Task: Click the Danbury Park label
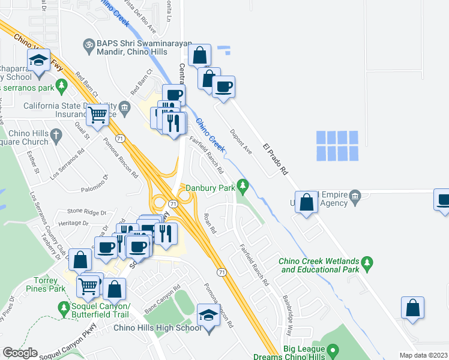click(x=209, y=188)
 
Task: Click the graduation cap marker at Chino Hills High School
click(x=208, y=316)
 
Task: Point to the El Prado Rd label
click(x=276, y=160)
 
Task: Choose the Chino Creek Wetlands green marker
click(x=368, y=263)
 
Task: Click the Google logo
click(x=20, y=353)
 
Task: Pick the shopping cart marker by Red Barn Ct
click(x=97, y=114)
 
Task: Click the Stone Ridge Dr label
click(x=86, y=211)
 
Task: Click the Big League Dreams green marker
click(x=332, y=349)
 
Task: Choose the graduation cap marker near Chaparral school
click(x=38, y=61)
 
